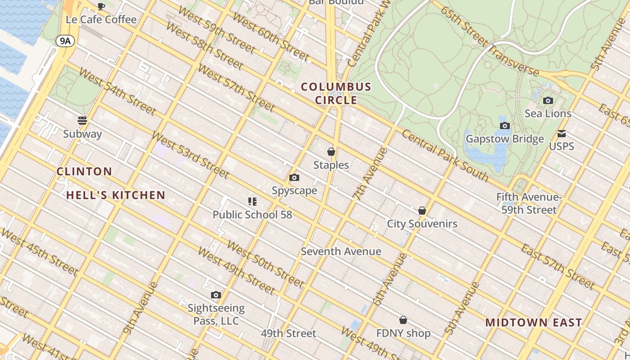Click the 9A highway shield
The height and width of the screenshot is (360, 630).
click(65, 41)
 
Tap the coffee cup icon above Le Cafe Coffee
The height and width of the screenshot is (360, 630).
click(101, 6)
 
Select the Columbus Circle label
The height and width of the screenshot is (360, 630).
click(336, 93)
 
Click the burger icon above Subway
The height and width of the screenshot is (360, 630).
click(82, 120)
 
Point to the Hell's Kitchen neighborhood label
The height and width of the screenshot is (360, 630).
click(116, 195)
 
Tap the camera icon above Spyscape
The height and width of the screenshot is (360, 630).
click(294, 178)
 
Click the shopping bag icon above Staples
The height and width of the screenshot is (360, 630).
click(331, 152)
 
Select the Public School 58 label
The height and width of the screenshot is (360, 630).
click(252, 215)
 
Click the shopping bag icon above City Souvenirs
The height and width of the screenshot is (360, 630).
click(422, 211)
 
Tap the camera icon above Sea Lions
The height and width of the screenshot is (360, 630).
click(548, 100)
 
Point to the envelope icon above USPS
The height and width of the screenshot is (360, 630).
click(562, 134)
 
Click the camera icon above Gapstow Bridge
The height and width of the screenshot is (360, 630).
click(505, 126)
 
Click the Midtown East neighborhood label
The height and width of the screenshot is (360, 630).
click(534, 323)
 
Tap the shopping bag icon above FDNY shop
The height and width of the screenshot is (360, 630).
click(403, 320)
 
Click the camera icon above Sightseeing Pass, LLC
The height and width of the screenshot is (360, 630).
click(216, 295)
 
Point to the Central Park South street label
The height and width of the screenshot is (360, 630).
click(445, 155)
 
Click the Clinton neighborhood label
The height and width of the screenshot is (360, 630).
click(85, 171)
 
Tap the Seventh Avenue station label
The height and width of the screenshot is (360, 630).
click(341, 252)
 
